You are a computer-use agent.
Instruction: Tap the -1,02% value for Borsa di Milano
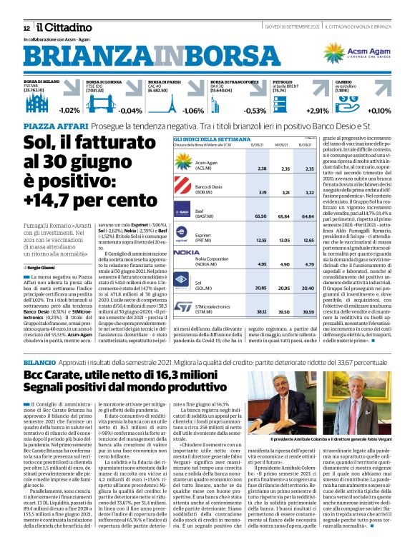click(x=69, y=110)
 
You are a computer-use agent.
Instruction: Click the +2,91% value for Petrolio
click(x=318, y=110)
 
